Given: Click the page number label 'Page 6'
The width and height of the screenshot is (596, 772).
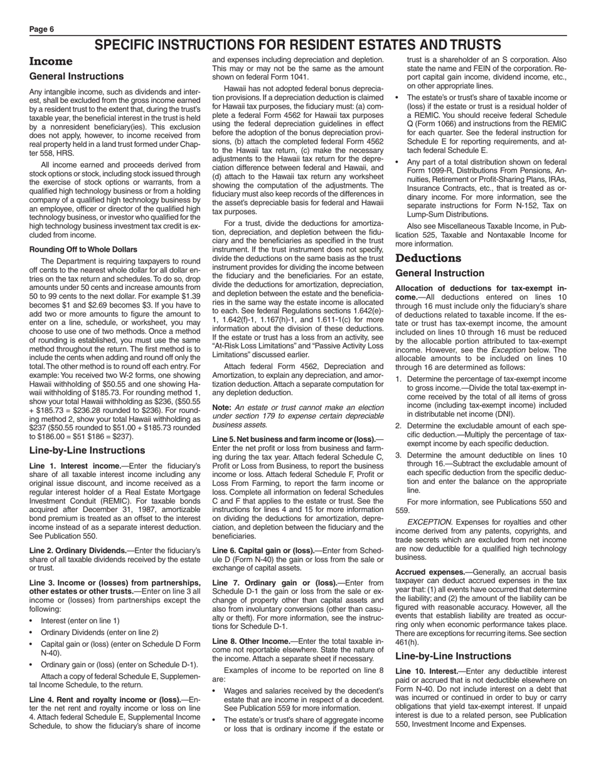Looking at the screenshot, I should (x=42, y=29).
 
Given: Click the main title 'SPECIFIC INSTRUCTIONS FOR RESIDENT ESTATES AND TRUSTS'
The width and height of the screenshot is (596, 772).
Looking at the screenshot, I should (x=298, y=45).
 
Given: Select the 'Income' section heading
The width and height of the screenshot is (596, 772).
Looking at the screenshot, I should (x=51, y=62).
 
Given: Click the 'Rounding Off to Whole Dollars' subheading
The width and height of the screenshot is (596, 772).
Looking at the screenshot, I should (x=83, y=249).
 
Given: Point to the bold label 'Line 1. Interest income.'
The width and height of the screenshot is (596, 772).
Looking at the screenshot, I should (x=75, y=466).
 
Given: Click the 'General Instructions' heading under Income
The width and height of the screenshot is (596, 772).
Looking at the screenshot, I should (x=77, y=77).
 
